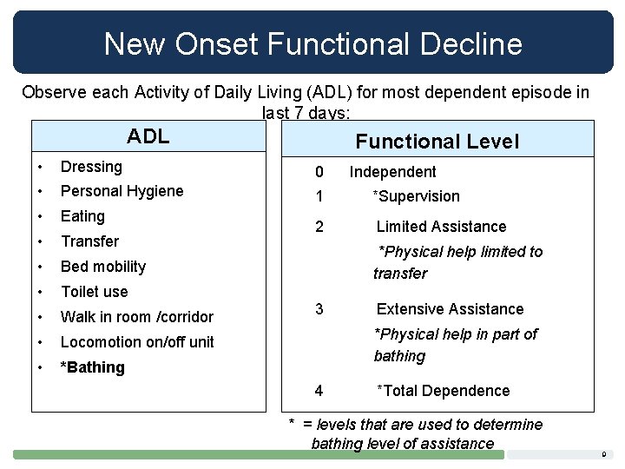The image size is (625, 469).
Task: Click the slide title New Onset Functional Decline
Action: pyautogui.click(x=312, y=43)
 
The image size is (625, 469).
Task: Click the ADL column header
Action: pyautogui.click(x=148, y=137)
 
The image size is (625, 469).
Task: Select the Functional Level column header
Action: pyautogui.click(x=437, y=142)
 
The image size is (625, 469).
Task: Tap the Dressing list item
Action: pyautogui.click(x=91, y=167)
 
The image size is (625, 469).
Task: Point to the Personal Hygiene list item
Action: pyautogui.click(x=122, y=191)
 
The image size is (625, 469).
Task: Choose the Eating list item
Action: pyautogui.click(x=82, y=216)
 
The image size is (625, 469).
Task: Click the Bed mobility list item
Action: pyautogui.click(x=102, y=267)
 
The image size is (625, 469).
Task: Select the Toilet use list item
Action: pyautogui.click(x=94, y=292)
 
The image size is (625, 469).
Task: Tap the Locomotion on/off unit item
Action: pyautogui.click(x=137, y=342)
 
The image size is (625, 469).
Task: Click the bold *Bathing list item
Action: pyautogui.click(x=92, y=367)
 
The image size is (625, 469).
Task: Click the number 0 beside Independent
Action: pyautogui.click(x=319, y=172)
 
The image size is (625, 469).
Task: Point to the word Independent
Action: pyautogui.click(x=392, y=172)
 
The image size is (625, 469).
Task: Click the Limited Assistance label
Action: pyautogui.click(x=441, y=227)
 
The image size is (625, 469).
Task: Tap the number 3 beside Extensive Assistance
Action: pyautogui.click(x=319, y=309)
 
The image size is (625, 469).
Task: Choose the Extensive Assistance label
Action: pyautogui.click(x=450, y=309)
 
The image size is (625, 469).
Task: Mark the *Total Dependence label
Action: pyautogui.click(x=443, y=391)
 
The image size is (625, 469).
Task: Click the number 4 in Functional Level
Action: pyautogui.click(x=319, y=391)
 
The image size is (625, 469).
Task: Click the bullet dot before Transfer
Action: pyautogui.click(x=40, y=241)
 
